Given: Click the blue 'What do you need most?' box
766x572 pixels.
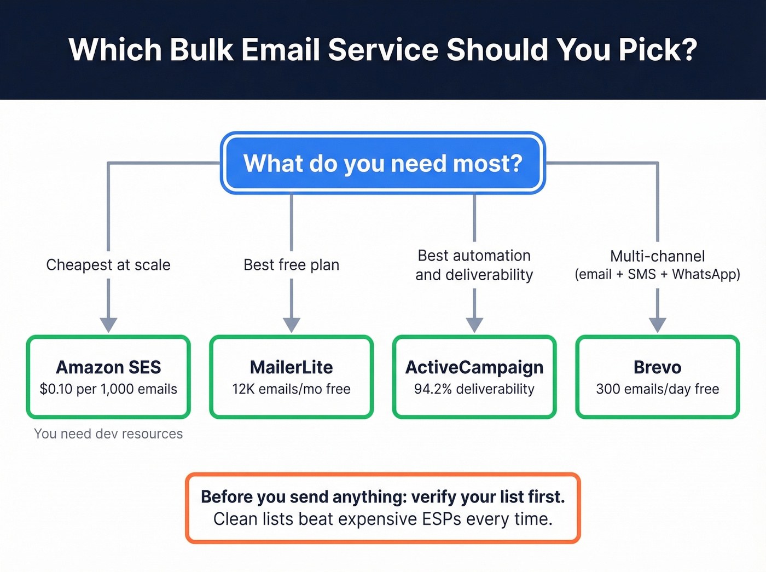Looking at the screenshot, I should point(382,163).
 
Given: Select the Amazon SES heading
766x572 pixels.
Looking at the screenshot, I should point(108,367).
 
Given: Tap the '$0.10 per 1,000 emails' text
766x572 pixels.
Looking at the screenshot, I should point(108,389).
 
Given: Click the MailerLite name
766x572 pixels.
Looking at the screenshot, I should point(291,367).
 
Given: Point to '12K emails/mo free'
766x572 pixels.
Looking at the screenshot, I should point(291,389).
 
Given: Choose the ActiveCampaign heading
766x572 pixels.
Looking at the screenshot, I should point(474,367).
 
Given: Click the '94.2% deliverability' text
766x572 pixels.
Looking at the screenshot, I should point(474,389).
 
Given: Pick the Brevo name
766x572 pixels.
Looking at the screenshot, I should point(657,367).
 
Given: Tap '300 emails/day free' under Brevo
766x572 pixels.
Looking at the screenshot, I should point(657,389).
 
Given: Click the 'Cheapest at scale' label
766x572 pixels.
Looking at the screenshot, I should point(108,265).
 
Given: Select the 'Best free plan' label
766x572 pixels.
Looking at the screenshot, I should point(291,265).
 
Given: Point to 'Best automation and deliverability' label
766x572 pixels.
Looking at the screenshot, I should point(474,265).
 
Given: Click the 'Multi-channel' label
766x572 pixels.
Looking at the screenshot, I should point(657,256).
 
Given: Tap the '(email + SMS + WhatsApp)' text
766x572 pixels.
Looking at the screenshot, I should point(657,274).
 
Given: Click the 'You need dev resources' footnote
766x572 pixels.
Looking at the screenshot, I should point(108,434).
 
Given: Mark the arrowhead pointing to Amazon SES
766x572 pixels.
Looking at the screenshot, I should point(108,325).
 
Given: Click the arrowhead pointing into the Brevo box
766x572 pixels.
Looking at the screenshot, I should point(657,325).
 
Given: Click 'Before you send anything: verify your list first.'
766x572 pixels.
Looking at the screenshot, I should point(382,496).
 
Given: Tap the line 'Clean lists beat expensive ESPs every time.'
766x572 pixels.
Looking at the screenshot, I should point(382,519).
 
